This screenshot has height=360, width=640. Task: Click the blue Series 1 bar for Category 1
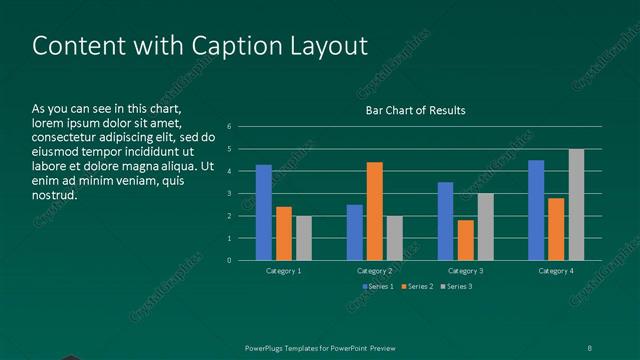[264, 212]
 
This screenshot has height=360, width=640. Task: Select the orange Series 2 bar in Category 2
[374, 211]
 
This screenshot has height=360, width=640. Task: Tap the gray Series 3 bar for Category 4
[576, 205]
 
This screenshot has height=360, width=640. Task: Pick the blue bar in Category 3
[445, 221]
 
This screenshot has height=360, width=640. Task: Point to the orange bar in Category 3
[465, 240]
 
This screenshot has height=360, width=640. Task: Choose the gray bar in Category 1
[303, 238]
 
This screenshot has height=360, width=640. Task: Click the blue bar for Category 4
[536, 210]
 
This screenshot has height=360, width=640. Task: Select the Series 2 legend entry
[418, 287]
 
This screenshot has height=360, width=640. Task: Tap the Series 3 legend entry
[458, 287]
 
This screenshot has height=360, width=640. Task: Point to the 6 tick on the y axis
[230, 127]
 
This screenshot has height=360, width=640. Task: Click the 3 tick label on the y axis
[230, 194]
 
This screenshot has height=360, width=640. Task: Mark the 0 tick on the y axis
[230, 261]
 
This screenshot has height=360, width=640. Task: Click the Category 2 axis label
[374, 271]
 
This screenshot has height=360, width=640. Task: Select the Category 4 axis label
[556, 271]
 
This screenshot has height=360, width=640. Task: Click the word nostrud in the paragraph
[54, 195]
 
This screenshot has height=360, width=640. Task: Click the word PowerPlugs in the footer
[268, 347]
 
